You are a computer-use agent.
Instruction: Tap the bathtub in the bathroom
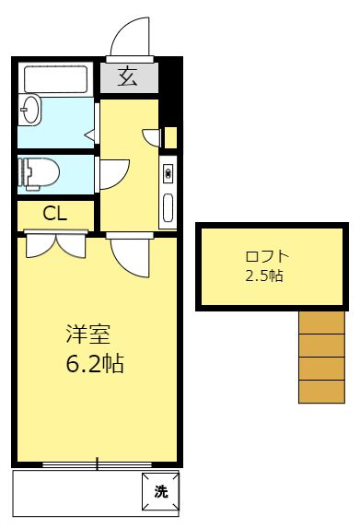56,79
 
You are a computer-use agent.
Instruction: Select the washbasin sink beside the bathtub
29,110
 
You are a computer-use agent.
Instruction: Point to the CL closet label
55,214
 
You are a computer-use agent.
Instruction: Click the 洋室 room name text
88,334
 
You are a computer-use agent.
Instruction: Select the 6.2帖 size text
95,363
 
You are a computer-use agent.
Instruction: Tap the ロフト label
267,257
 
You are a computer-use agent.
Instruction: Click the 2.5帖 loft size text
264,276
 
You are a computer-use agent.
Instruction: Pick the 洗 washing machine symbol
160,492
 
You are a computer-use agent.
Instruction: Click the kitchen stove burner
168,174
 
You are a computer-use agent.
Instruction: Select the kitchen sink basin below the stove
168,207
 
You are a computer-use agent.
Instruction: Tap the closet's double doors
56,244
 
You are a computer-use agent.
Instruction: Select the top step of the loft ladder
321,323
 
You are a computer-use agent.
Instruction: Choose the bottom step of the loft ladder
321,392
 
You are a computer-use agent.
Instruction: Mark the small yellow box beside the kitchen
170,137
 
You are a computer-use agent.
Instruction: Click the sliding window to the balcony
98,465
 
